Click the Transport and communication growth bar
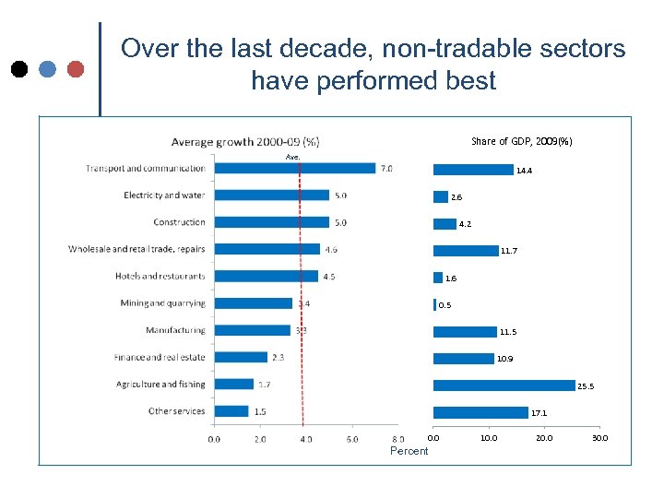pyautogui.click(x=295, y=168)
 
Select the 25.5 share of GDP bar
pyautogui.click(x=504, y=385)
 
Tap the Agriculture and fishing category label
pyautogui.click(x=160, y=385)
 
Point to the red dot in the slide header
pyautogui.click(x=76, y=69)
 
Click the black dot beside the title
pyautogui.click(x=18, y=69)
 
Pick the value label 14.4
pyautogui.click(x=524, y=171)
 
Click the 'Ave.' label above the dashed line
pyautogui.click(x=293, y=157)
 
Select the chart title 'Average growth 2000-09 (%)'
pyautogui.click(x=245, y=141)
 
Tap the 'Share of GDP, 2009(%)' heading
pyautogui.click(x=521, y=141)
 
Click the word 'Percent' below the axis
pyautogui.click(x=409, y=451)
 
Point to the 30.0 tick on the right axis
pyautogui.click(x=599, y=438)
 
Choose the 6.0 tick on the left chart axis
pyautogui.click(x=351, y=440)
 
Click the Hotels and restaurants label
pyautogui.click(x=160, y=276)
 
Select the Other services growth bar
pyautogui.click(x=231, y=411)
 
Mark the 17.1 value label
pyautogui.click(x=539, y=413)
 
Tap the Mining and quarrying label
pyautogui.click(x=163, y=303)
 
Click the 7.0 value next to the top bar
pyautogui.click(x=386, y=169)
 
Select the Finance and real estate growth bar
pyautogui.click(x=241, y=357)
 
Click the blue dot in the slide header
pyautogui.click(x=48, y=69)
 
